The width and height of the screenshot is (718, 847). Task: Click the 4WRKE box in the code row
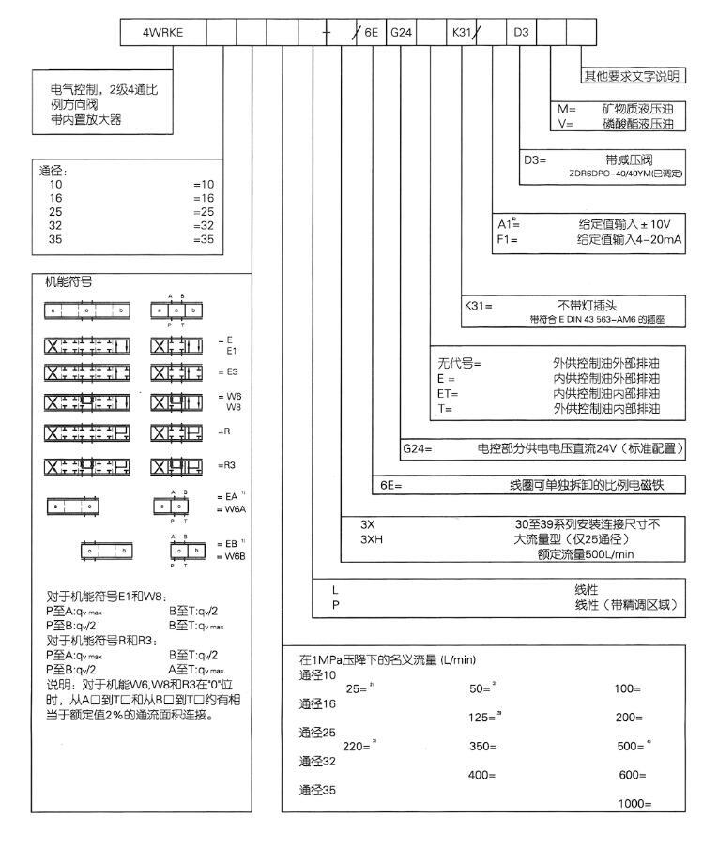(x=161, y=32)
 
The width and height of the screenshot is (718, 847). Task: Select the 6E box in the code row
(x=371, y=32)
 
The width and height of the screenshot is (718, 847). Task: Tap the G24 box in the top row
(x=401, y=32)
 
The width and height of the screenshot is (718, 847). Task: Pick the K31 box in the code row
(x=462, y=32)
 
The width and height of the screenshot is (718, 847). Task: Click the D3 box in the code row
(x=522, y=32)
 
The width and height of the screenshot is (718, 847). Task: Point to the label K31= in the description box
(x=479, y=306)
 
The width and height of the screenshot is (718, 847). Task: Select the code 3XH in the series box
(x=374, y=539)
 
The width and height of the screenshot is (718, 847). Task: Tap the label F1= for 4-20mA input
(x=507, y=239)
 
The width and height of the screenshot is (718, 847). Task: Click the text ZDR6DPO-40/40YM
(x=625, y=174)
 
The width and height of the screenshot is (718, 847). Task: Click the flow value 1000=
(x=634, y=804)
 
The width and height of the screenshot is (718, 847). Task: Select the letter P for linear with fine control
(x=334, y=605)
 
